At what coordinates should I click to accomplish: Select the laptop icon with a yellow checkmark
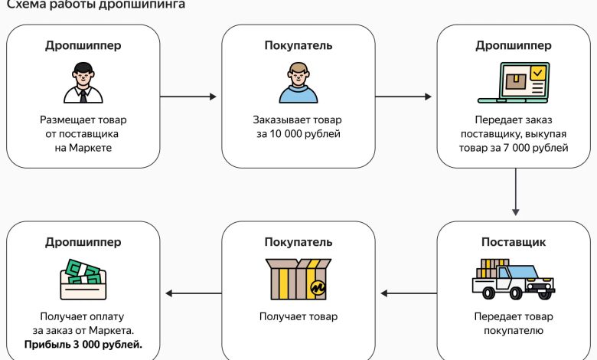pyautogui.click(x=514, y=83)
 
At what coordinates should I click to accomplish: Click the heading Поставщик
pyautogui.click(x=513, y=243)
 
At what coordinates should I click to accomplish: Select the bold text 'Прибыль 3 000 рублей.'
pyautogui.click(x=83, y=344)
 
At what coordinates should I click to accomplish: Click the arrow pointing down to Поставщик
pyautogui.click(x=516, y=191)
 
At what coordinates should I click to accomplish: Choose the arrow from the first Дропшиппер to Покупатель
pyautogui.click(x=188, y=97)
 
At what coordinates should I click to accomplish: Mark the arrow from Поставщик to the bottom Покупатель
pyautogui.click(x=406, y=293)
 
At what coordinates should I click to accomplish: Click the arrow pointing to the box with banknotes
pyautogui.click(x=191, y=293)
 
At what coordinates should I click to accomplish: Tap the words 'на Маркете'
pyautogui.click(x=83, y=147)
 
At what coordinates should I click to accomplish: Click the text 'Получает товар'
pyautogui.click(x=298, y=316)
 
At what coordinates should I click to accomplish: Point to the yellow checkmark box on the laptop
pyautogui.click(x=538, y=74)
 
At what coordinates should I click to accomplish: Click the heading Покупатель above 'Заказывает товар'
pyautogui.click(x=298, y=45)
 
